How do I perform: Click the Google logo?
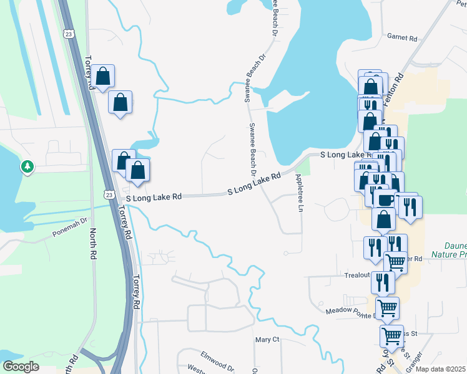click(21, 367)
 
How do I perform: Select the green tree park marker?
click(27, 166)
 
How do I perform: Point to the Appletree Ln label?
click(299, 194)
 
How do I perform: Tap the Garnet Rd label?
click(401, 38)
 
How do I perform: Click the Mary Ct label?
click(267, 340)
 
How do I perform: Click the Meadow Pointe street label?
click(350, 310)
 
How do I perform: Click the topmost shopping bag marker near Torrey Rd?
click(104, 77)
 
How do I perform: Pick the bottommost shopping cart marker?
click(392, 336)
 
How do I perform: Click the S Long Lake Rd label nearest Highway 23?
click(154, 196)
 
